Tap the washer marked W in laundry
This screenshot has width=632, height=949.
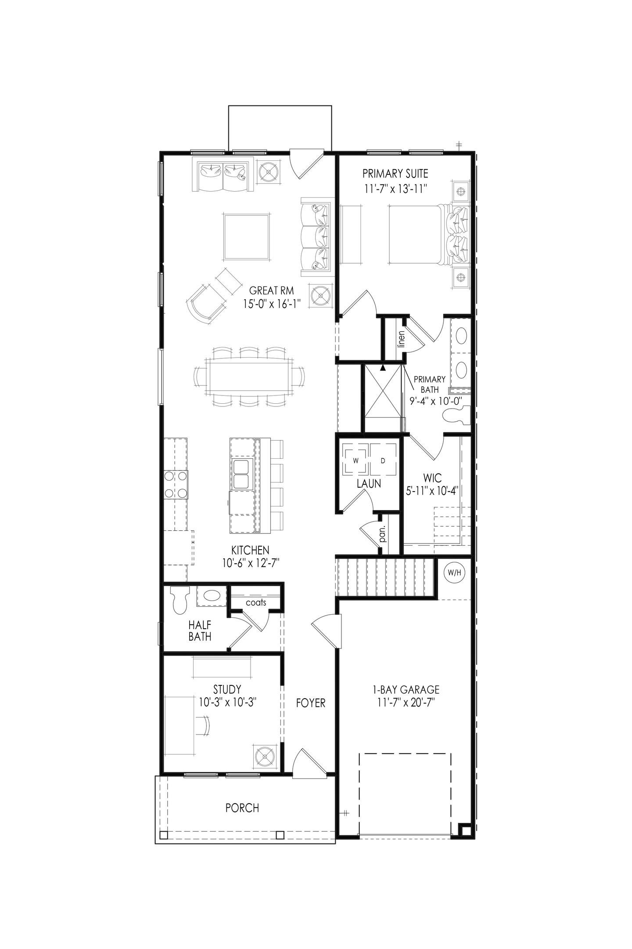[x=356, y=460]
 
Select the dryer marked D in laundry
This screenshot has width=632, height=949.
[x=383, y=460]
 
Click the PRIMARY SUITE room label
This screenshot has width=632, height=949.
[x=395, y=174]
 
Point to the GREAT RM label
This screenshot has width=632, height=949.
[x=271, y=290]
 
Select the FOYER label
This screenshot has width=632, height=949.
[x=310, y=703]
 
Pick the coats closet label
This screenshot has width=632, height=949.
[x=256, y=602]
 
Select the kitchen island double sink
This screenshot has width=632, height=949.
[x=241, y=474]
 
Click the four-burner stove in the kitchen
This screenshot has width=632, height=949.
[x=176, y=484]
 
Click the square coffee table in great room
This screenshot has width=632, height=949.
[x=246, y=236]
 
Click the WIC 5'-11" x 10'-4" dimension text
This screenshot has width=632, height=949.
[x=432, y=491]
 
